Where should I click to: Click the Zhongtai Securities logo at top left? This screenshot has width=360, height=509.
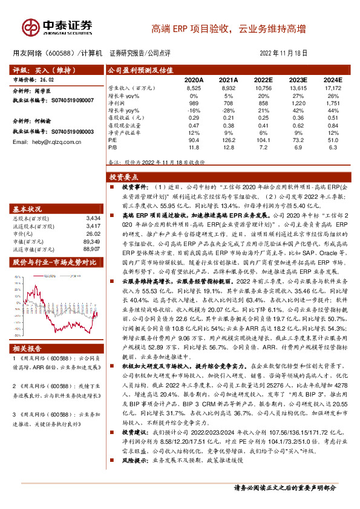57,27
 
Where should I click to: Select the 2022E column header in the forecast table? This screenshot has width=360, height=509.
263,80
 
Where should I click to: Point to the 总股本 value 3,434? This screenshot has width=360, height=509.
93,216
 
